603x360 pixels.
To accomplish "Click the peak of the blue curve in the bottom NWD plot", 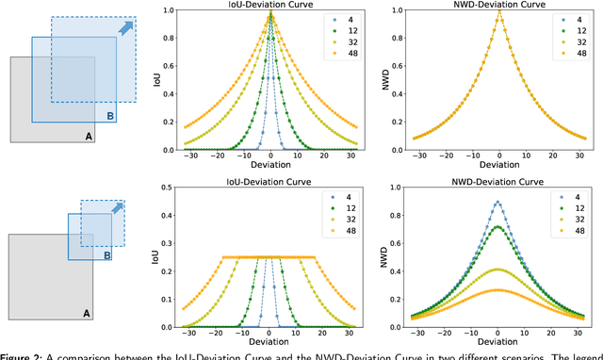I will tap(497, 202).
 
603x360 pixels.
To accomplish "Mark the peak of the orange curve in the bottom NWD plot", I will tap(497, 290).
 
